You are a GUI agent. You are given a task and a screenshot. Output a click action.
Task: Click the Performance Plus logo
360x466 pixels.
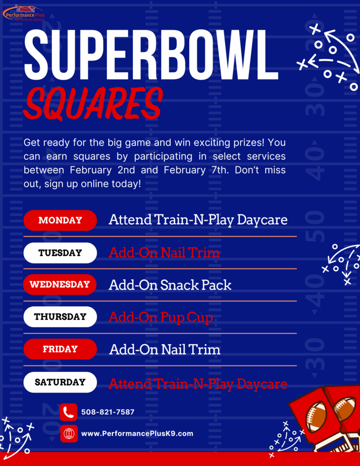click(24, 13)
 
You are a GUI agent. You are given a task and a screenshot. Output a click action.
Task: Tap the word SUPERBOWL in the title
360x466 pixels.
click(151, 55)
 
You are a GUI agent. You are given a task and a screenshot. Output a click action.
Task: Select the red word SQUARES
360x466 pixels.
click(93, 103)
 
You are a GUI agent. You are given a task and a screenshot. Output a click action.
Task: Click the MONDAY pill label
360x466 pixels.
click(60, 220)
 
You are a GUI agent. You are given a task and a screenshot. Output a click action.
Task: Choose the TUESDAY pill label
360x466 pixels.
click(60, 253)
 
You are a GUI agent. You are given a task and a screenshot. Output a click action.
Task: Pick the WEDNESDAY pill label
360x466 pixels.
click(60, 284)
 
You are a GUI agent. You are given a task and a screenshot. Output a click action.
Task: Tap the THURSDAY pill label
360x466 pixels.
click(60, 317)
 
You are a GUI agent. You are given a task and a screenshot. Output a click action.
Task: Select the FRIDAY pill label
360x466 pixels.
click(60, 349)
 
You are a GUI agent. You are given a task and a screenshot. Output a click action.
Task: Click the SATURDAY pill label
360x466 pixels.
click(60, 382)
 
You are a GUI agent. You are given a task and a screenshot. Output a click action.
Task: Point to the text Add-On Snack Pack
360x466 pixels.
click(170, 285)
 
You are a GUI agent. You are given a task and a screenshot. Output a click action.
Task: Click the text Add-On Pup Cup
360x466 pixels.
click(161, 317)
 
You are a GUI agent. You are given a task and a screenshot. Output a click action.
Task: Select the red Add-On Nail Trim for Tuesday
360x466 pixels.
click(164, 253)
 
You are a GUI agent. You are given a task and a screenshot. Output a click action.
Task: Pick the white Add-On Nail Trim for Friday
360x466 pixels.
click(165, 349)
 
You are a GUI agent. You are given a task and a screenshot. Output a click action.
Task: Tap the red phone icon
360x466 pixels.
click(68, 412)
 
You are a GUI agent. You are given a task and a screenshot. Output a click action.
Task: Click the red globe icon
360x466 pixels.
click(69, 434)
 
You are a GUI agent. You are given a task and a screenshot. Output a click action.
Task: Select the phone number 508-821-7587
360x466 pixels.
click(108, 412)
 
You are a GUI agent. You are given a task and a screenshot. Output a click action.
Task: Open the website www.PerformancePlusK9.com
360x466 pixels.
click(137, 434)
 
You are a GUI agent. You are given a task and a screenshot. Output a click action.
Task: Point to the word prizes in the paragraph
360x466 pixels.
click(248, 143)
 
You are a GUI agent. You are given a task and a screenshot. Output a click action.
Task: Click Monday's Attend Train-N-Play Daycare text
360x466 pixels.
click(198, 220)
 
